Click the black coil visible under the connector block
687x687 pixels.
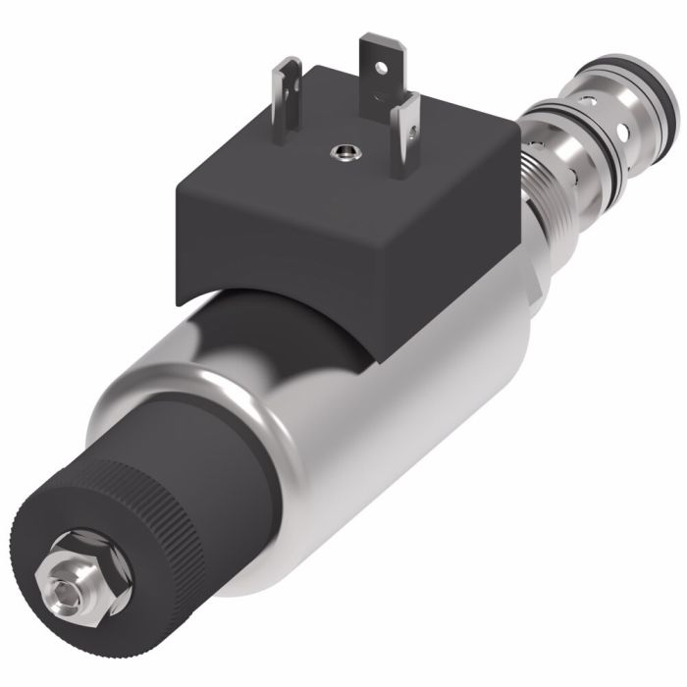[285, 324]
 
